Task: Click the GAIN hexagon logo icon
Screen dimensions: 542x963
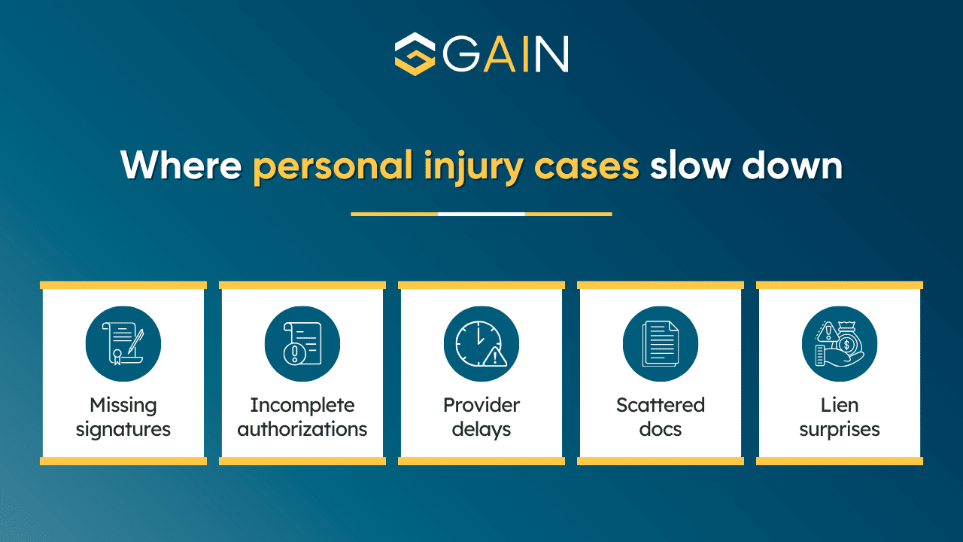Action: pos(415,53)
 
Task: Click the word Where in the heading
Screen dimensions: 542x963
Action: pos(181,165)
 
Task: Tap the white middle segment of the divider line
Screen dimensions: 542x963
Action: pos(481,214)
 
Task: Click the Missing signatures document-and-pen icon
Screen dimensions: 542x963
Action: pos(123,343)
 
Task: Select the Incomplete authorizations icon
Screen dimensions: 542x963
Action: pos(302,343)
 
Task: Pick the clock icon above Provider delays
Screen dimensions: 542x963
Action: pos(481,343)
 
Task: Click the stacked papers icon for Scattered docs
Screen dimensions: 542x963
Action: pos(661,343)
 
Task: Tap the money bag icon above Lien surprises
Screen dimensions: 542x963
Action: pos(840,343)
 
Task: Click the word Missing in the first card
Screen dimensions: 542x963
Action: pos(123,405)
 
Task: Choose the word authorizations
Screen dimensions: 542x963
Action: pos(302,429)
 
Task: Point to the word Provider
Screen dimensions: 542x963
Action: pos(481,405)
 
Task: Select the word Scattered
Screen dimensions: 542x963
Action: pos(661,405)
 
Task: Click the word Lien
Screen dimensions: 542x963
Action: pos(840,405)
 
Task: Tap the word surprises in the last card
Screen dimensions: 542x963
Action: pos(840,429)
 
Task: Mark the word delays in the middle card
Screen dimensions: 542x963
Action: pos(481,429)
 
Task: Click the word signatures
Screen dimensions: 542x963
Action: pos(123,429)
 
